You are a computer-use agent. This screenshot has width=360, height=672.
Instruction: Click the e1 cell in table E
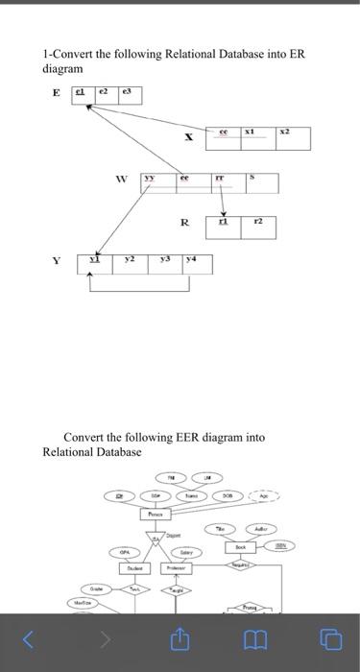click(83, 94)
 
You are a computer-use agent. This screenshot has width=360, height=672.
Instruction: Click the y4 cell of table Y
click(195, 263)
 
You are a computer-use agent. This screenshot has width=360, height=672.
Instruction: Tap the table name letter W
click(120, 179)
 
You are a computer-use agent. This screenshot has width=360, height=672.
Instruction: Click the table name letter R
click(184, 223)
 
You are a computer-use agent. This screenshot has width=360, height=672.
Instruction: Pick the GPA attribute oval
click(124, 552)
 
